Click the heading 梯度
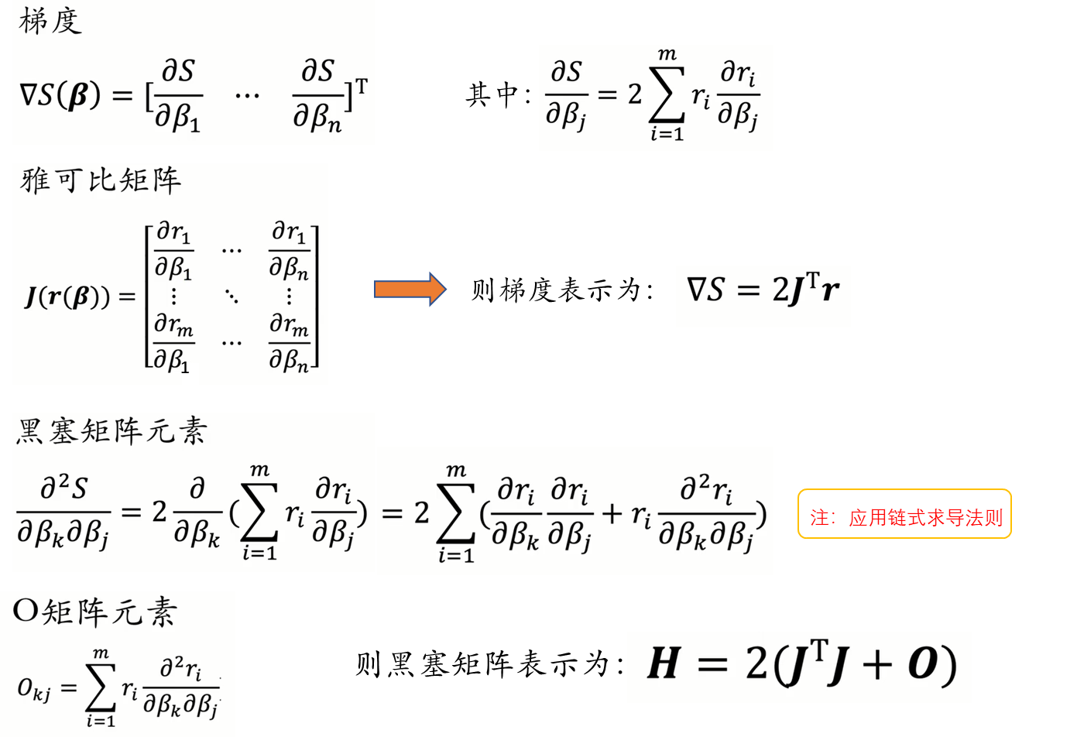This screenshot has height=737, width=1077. (x=50, y=20)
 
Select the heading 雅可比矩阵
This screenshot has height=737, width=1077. (x=101, y=180)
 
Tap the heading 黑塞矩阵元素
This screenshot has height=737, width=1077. (x=111, y=430)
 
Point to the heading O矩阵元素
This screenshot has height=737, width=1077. (x=95, y=612)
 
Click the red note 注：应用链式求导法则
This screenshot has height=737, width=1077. (x=905, y=517)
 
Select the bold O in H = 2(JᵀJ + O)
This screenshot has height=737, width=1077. (x=923, y=664)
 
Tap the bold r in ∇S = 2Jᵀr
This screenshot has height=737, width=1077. (x=830, y=291)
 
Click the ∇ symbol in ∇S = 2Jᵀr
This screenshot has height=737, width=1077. (x=696, y=290)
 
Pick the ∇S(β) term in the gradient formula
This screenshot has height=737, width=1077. (x=60, y=96)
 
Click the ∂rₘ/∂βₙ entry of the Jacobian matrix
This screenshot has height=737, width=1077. (x=289, y=342)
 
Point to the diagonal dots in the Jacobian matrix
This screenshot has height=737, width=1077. (x=232, y=296)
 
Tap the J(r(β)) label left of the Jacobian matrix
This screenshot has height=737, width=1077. (x=77, y=297)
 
